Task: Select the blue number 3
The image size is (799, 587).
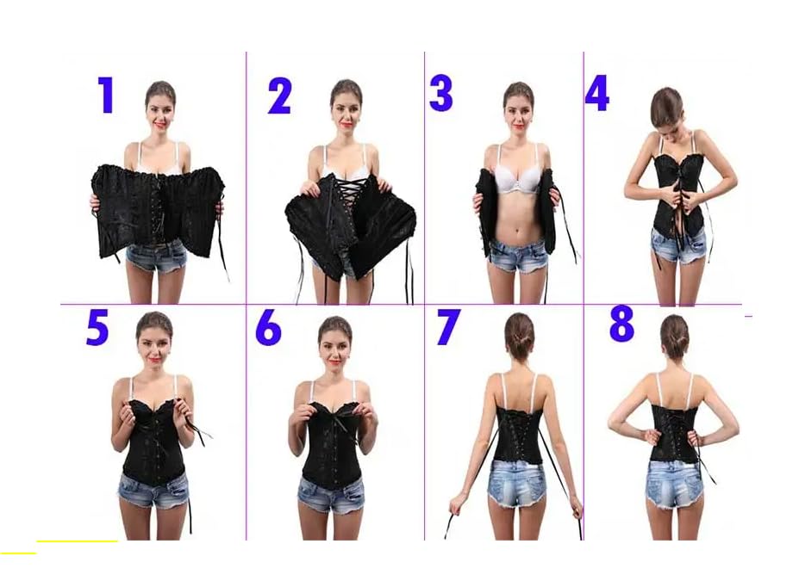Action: [440, 93]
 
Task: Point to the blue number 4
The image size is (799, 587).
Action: [596, 92]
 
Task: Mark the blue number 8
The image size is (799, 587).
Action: [621, 324]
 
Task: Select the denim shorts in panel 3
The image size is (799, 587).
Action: [516, 256]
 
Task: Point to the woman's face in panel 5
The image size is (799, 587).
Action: [154, 339]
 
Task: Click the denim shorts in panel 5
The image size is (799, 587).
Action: [153, 490]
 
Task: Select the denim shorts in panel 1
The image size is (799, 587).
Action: [157, 256]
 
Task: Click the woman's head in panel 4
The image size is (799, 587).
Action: [665, 108]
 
